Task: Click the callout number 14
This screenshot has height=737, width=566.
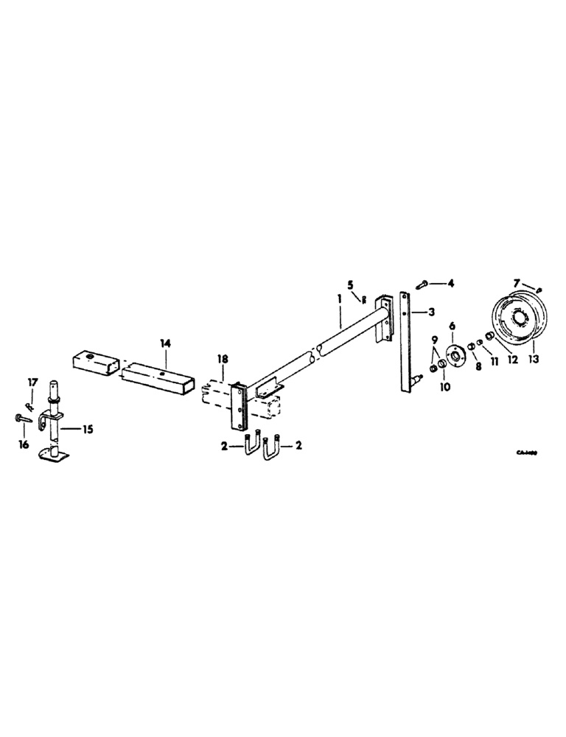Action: [x=165, y=343]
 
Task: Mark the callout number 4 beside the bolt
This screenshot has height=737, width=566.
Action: [x=452, y=282]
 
